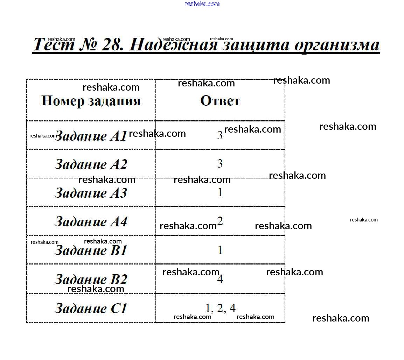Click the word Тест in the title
point(54,44)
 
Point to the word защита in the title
point(256,45)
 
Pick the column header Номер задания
point(91,101)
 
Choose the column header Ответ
point(220,101)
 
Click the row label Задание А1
point(91,136)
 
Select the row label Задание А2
point(91,164)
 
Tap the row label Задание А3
point(91,193)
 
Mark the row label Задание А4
point(91,221)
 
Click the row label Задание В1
point(91,250)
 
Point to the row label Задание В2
point(91,279)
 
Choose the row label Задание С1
point(91,308)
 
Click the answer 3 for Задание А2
point(220,163)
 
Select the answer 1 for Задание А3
point(220,192)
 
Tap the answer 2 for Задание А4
point(220,221)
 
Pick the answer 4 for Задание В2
point(220,279)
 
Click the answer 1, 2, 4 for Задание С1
point(220,308)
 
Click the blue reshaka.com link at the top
point(202,4)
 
